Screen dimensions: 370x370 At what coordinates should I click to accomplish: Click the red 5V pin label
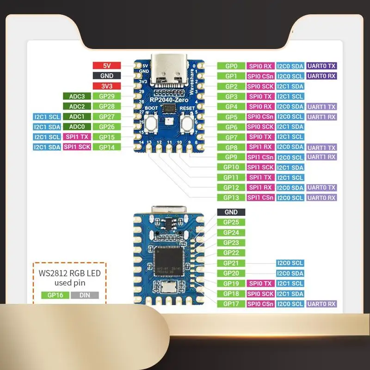click(x=106, y=66)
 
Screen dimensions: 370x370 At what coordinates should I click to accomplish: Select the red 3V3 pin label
click(x=106, y=86)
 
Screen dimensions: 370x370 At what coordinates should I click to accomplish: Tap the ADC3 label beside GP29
click(x=77, y=96)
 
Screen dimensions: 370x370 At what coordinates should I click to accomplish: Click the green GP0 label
click(x=231, y=66)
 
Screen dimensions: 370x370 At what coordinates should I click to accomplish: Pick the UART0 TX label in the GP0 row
click(x=321, y=66)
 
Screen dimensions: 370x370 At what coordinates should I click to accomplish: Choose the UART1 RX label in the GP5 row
click(x=321, y=117)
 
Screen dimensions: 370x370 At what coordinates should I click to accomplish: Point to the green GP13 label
click(x=231, y=197)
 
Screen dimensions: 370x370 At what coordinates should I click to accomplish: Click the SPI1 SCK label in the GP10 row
click(x=260, y=167)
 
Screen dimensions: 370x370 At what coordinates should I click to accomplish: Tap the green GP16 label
click(x=55, y=295)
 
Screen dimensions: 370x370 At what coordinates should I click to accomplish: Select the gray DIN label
click(x=85, y=295)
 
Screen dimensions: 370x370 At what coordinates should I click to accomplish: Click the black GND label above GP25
click(x=231, y=212)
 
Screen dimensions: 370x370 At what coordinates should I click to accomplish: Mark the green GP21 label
click(x=231, y=263)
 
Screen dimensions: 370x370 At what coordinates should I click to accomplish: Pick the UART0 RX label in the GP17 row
click(x=321, y=303)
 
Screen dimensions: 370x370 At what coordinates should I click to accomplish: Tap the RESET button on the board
click(x=187, y=123)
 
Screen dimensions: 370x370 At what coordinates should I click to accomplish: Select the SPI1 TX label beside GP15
click(x=77, y=137)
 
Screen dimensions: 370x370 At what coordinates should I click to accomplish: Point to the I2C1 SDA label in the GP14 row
click(x=47, y=147)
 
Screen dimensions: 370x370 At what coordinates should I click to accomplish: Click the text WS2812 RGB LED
click(x=70, y=273)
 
